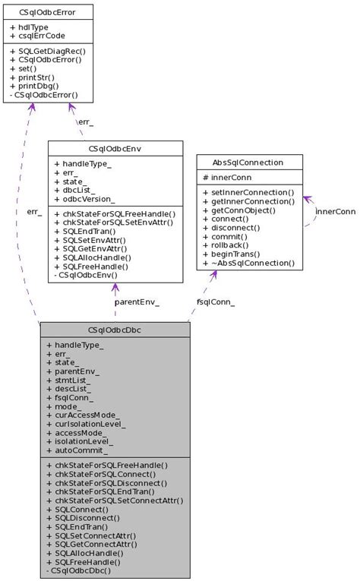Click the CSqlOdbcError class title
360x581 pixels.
47,12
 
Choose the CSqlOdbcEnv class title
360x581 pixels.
115,149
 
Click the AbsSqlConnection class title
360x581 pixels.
248,163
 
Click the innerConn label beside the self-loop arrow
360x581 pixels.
336,212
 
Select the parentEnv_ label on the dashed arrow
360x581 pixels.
137,302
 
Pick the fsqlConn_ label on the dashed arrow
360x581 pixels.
216,302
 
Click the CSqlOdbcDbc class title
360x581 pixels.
115,330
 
